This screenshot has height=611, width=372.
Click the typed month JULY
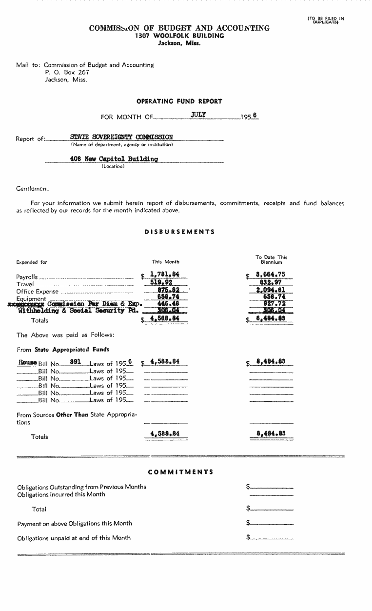click(199, 115)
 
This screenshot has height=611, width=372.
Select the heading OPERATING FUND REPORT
click(179, 101)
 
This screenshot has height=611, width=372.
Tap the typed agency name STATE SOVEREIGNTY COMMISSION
click(121, 138)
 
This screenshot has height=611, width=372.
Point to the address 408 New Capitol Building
click(114, 159)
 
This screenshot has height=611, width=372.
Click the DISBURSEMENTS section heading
click(179, 232)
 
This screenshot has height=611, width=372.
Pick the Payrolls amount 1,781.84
click(165, 275)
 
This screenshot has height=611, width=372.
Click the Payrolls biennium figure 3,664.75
click(271, 275)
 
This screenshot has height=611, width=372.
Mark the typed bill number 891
click(75, 362)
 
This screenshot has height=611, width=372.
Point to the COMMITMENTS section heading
click(180, 472)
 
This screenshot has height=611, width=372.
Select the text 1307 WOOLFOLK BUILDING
click(179, 36)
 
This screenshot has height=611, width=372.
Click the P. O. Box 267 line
click(67, 72)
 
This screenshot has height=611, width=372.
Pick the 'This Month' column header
click(165, 262)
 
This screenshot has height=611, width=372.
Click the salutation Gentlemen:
click(33, 188)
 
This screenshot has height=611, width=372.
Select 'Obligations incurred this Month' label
click(61, 494)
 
